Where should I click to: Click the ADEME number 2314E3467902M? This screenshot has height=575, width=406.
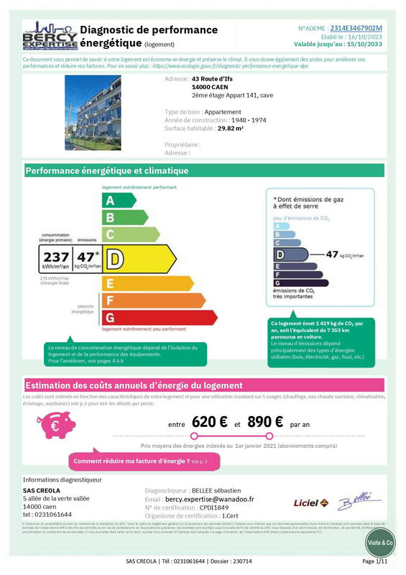click(356, 28)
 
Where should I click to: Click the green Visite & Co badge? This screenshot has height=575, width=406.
click(381, 543)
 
